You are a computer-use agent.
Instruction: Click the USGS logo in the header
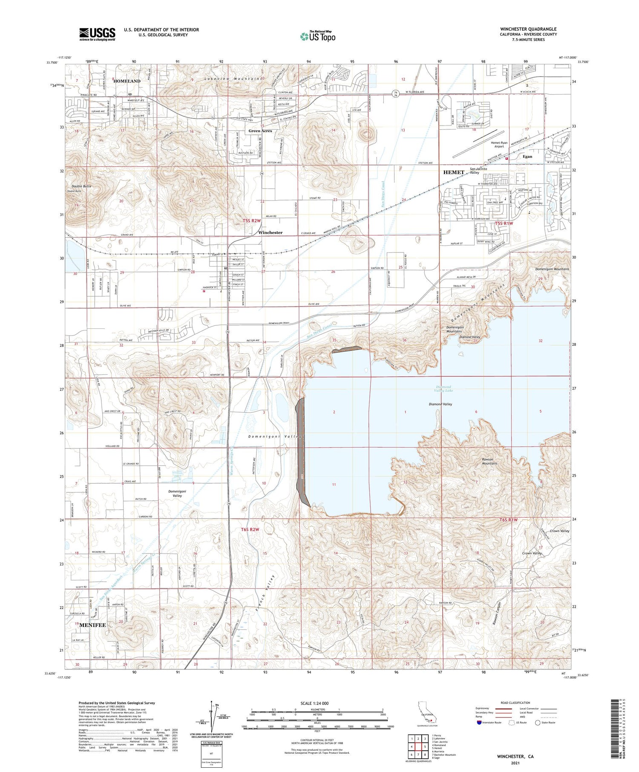pos(97,34)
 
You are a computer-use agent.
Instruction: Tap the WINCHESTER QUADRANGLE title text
pos(528,29)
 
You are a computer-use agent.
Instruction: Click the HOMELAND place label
pos(127,81)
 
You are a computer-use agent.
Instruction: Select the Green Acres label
pos(260,131)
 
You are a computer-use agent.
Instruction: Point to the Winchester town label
pos(271,232)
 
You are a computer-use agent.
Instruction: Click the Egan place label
pos(527,156)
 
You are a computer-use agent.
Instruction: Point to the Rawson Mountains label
pos(489,461)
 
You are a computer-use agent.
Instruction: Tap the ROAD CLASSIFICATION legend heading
pos(515,703)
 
